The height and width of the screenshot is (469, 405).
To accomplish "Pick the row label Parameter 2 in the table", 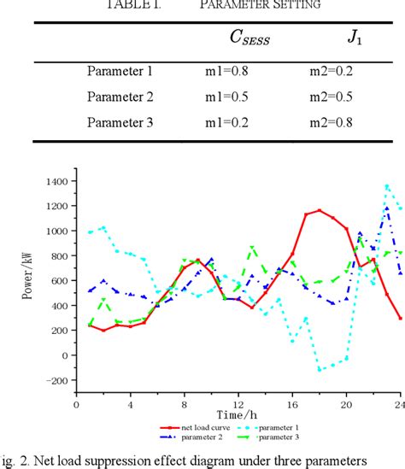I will (x=120, y=97).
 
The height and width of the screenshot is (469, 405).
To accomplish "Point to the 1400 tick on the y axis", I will (x=56, y=182).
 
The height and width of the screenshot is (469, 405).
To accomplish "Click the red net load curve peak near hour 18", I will (x=320, y=210).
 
